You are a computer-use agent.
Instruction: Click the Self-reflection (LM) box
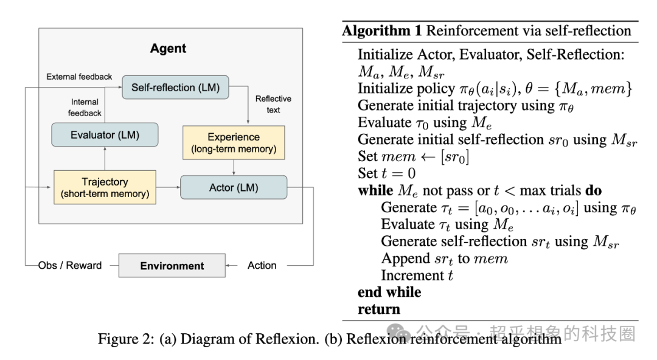[175, 87]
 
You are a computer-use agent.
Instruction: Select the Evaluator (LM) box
[105, 135]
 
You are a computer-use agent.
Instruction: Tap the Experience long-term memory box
[234, 142]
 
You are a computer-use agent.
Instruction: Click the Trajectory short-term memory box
[105, 187]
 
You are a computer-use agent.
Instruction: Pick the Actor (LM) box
[234, 187]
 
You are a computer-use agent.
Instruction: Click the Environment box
[172, 266]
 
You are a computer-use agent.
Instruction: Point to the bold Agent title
[168, 48]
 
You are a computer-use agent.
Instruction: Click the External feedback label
[79, 77]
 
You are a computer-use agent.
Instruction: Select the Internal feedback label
[85, 108]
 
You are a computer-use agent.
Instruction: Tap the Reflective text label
[273, 104]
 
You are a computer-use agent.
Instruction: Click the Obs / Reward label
[70, 266]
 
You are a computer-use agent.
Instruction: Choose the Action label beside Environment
[262, 266]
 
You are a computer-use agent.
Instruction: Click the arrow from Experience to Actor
[234, 167]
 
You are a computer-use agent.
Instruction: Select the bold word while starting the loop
[375, 190]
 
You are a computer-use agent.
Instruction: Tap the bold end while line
[389, 292]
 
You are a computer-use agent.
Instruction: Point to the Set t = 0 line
[387, 173]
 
